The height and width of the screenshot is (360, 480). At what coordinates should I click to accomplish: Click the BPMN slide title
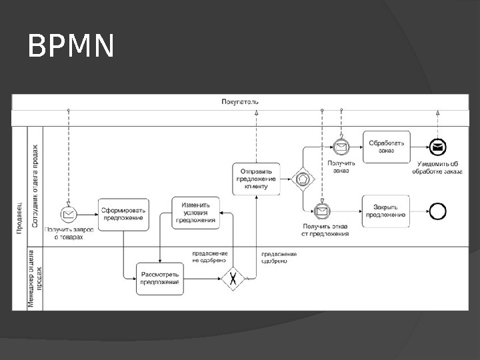pos(71,47)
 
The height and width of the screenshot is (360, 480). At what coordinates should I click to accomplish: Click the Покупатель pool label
pos(241,101)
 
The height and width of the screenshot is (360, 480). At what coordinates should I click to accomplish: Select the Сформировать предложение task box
pos(123,214)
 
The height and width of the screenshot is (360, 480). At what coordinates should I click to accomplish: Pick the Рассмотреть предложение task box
pos(159,278)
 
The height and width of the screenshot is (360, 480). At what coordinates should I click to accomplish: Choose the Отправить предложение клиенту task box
pos(256,179)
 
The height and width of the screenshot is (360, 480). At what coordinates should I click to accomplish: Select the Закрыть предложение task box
pos(386,211)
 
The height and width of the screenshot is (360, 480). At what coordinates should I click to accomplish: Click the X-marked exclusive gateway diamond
pos(233,279)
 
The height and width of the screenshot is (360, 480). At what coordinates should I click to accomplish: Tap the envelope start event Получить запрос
pos(68,214)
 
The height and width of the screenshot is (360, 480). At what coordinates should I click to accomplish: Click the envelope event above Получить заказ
pos(341,146)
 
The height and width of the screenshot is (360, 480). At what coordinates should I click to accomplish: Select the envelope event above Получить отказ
pos(322,211)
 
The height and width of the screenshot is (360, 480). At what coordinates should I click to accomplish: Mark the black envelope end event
pos(437,146)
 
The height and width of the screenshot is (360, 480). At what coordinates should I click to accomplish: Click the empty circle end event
pos(437,211)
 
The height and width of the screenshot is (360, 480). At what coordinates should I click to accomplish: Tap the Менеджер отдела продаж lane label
pos(35,278)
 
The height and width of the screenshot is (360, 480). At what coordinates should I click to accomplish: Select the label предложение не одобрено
pos(210,257)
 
